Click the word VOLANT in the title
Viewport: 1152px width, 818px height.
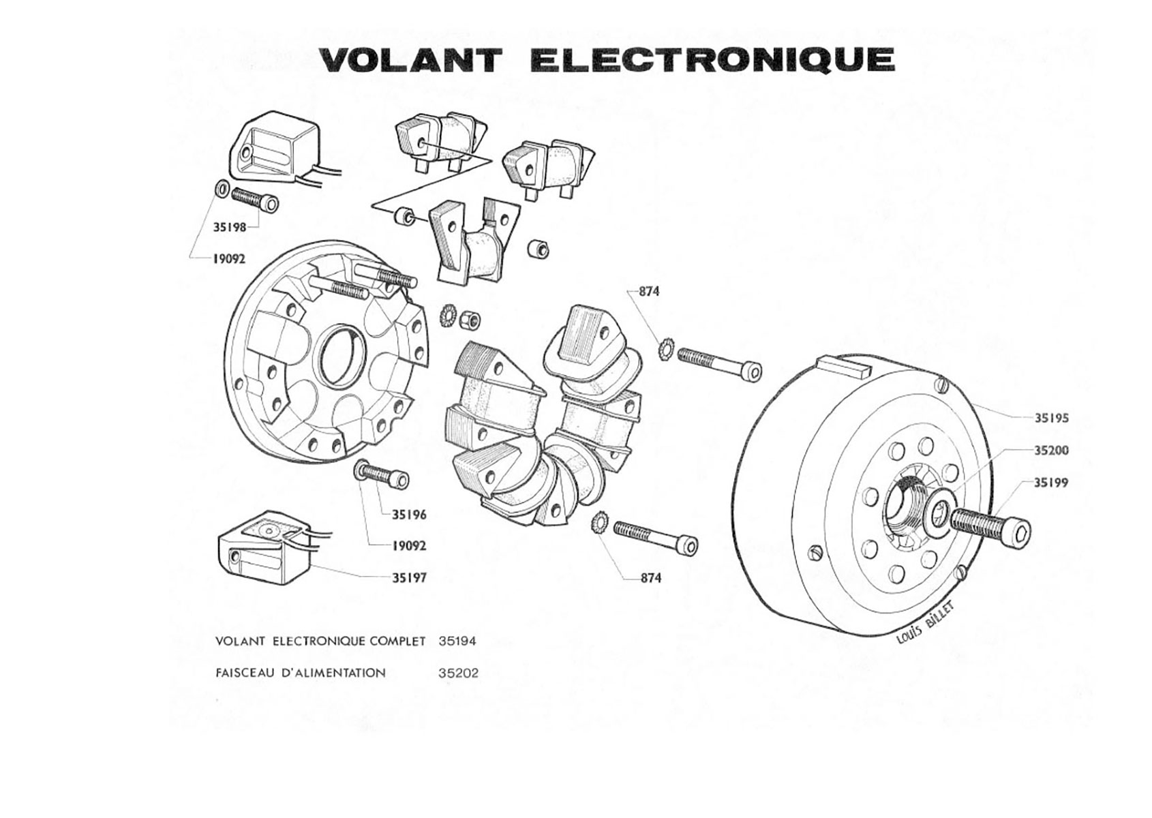tap(411, 60)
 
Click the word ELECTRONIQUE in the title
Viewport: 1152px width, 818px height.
tap(712, 60)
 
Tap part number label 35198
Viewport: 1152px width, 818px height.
tap(230, 228)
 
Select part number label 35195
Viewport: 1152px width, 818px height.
tap(1051, 418)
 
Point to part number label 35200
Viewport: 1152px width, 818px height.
tap(1051, 451)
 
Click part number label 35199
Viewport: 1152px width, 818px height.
tap(1051, 483)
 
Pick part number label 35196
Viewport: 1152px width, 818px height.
tap(409, 515)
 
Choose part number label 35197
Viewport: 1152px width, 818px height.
tap(409, 578)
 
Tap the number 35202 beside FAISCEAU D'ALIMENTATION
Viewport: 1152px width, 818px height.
tap(459, 673)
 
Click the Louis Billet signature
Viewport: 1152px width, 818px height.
tap(928, 623)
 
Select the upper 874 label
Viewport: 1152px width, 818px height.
tap(649, 291)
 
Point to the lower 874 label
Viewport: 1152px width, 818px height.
tap(650, 578)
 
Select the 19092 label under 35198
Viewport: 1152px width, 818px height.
tap(229, 259)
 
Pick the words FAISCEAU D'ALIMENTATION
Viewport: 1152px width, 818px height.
tap(300, 673)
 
